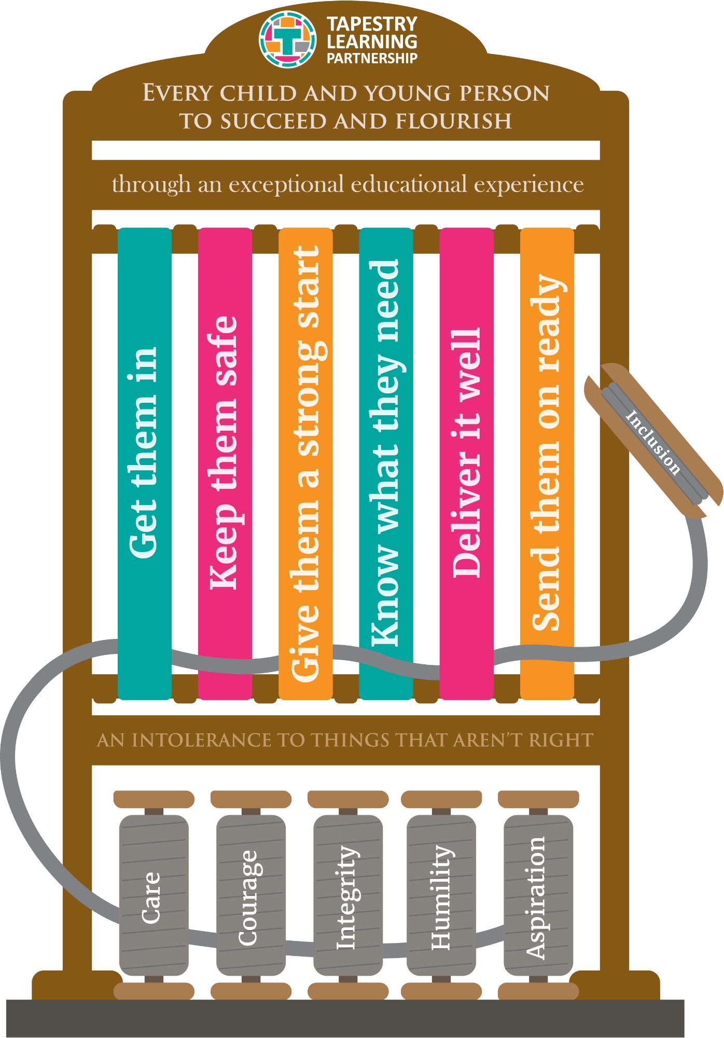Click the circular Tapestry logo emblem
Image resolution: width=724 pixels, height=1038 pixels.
click(x=287, y=39)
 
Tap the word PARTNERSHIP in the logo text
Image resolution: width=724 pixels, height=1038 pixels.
click(x=372, y=58)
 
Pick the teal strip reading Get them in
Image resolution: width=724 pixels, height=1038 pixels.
click(x=145, y=463)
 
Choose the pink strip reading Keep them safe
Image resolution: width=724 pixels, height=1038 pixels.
click(x=225, y=463)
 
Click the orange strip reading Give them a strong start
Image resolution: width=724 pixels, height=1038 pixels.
click(x=305, y=463)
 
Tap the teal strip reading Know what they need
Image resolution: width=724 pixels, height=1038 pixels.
click(x=386, y=463)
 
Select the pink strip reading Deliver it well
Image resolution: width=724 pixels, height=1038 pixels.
click(x=467, y=463)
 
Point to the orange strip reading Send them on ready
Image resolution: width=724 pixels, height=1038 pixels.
click(x=547, y=463)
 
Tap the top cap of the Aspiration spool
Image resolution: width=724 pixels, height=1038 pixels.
click(x=538, y=799)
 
